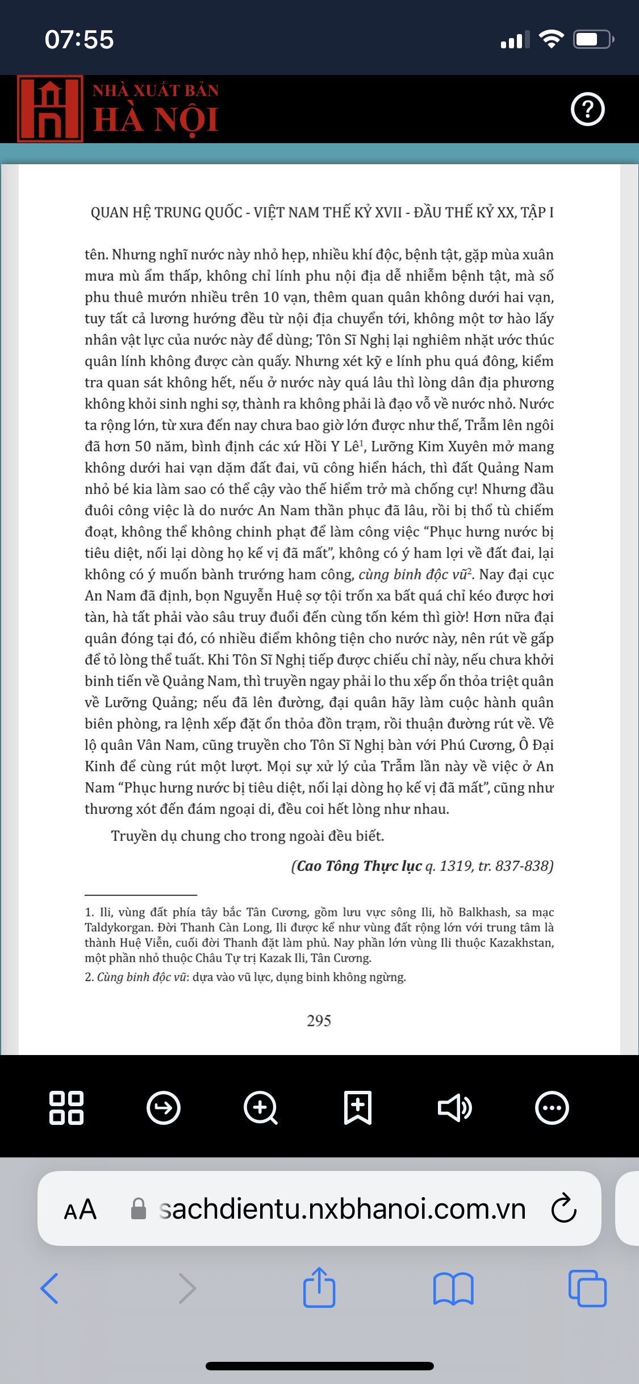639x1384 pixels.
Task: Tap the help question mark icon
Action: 587,109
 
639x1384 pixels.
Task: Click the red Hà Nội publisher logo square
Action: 50,109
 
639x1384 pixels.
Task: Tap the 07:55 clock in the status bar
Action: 80,40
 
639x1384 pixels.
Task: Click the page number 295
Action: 319,1021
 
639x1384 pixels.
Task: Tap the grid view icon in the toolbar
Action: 66,1107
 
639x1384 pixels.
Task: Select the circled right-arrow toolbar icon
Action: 164,1107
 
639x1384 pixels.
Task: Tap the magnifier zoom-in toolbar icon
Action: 261,1107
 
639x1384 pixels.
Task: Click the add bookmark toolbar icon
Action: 358,1107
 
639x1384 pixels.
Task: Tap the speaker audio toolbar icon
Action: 454,1107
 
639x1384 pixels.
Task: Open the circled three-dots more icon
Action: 552,1107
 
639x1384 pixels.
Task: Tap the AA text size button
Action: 80,1209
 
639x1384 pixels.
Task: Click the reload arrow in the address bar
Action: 564,1208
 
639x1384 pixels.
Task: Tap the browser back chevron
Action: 50,1288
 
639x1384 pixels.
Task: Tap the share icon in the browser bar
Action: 319,1287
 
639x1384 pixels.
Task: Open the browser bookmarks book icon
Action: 453,1288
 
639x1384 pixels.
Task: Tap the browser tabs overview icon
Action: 587,1288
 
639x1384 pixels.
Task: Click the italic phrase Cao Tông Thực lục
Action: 359,866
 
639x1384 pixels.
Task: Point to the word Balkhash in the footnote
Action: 483,912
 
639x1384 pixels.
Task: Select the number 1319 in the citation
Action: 456,866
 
